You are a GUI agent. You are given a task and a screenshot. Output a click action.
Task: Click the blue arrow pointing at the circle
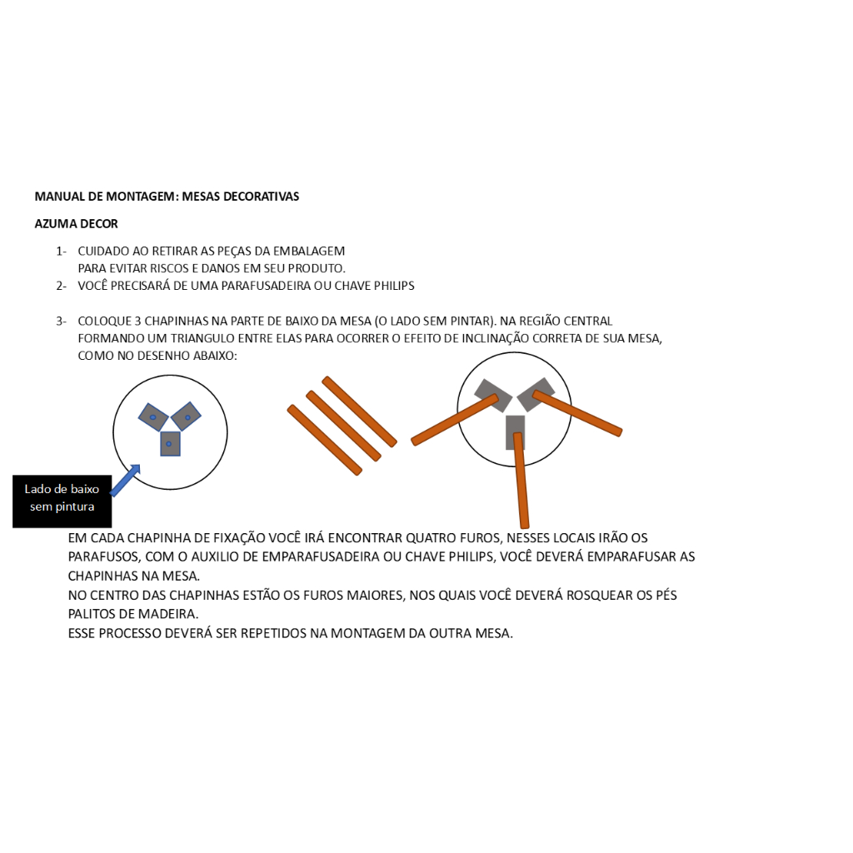(x=125, y=480)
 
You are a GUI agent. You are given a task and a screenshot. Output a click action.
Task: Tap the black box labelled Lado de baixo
(x=62, y=501)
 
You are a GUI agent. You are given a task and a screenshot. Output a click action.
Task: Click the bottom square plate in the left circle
(x=170, y=444)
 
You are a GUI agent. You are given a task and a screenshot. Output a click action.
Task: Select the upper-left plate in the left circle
(x=153, y=417)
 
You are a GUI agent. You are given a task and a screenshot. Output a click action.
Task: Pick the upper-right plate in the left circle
(x=186, y=417)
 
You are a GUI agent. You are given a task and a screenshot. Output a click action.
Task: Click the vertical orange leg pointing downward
(x=521, y=481)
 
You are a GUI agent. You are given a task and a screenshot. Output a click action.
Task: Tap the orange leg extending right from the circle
(x=577, y=413)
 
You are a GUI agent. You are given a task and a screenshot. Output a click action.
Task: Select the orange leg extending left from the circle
(x=455, y=420)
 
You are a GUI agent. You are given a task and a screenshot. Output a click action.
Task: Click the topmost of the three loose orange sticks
(x=360, y=412)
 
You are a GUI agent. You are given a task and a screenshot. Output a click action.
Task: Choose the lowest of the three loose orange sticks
(x=325, y=440)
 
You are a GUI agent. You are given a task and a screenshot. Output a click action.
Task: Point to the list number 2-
(x=62, y=287)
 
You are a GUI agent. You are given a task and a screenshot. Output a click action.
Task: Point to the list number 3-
(x=62, y=322)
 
